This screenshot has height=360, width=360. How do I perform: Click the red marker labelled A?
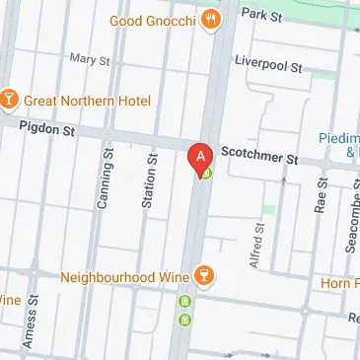pyautogui.click(x=200, y=157)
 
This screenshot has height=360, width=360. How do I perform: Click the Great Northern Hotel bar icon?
pyautogui.click(x=8, y=101)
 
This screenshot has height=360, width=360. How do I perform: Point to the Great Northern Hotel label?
pyautogui.click(x=87, y=101)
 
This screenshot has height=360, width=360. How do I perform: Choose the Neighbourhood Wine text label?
pyautogui.click(x=124, y=277)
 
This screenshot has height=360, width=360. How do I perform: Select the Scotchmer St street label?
pyautogui.click(x=259, y=156)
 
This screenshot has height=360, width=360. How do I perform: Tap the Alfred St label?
pyautogui.click(x=259, y=243)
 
